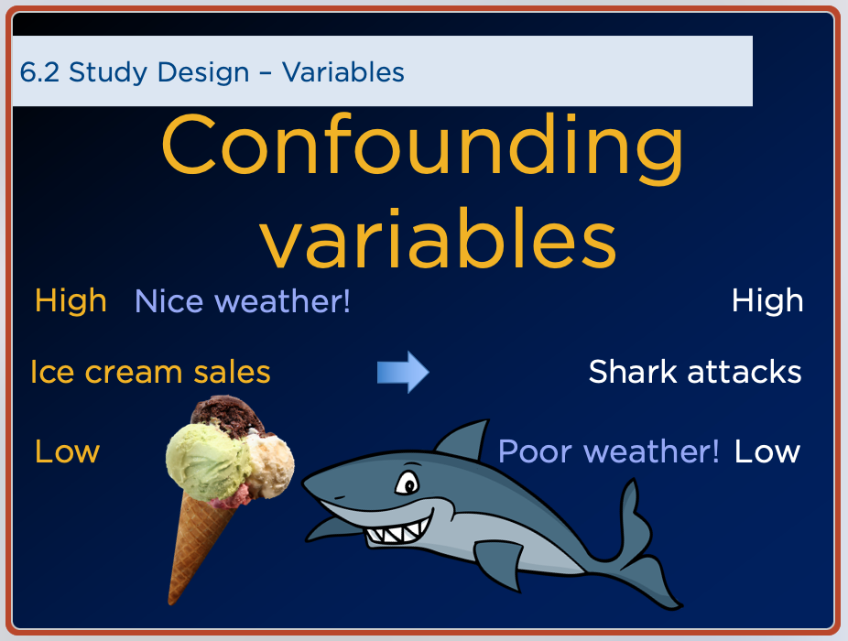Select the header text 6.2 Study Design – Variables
(212, 72)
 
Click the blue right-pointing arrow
(403, 372)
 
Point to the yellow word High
(71, 300)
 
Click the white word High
(767, 300)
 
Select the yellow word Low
(68, 451)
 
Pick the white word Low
(767, 451)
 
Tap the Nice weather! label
(243, 300)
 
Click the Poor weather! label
(609, 451)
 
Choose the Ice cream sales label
(151, 372)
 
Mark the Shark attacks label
(695, 372)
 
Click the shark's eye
(408, 483)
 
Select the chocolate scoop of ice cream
(227, 416)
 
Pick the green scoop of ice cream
(208, 461)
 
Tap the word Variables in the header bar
(343, 72)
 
